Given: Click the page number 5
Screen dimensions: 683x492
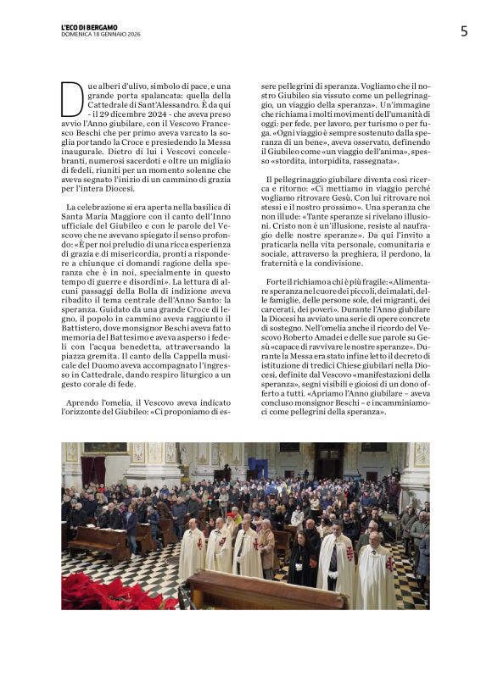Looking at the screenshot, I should click(464, 31).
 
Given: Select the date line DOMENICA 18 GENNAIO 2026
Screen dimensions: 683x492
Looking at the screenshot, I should click(101, 34).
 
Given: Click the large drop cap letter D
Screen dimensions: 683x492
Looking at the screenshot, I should click(72, 98).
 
